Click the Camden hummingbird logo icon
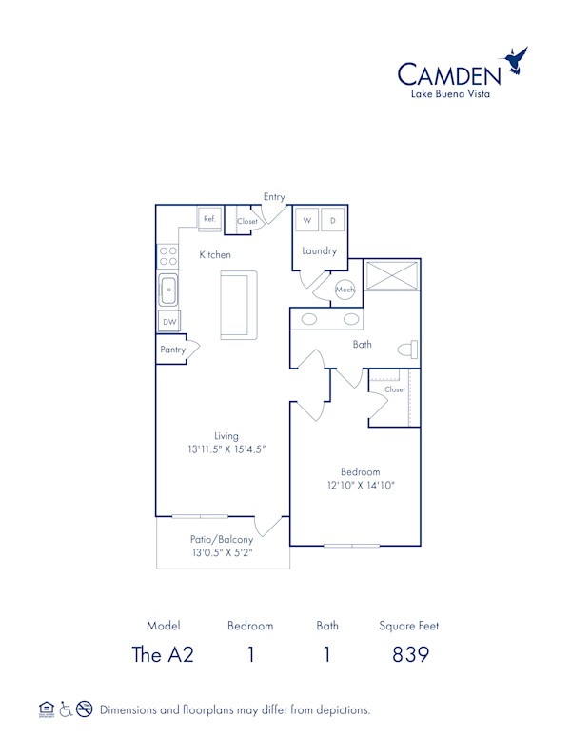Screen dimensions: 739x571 (x=517, y=61)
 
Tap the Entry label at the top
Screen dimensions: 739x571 (x=274, y=197)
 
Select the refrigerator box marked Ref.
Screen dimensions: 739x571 (x=209, y=219)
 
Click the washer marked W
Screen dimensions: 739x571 (x=307, y=220)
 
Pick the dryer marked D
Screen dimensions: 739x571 (x=333, y=220)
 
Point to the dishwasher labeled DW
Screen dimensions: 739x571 (x=169, y=322)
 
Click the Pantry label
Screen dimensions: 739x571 (x=172, y=350)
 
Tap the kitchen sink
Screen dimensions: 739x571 (x=168, y=288)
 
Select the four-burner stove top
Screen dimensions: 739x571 (x=168, y=255)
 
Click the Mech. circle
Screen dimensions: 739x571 (x=345, y=290)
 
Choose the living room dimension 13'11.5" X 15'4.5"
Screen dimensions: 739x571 (x=226, y=449)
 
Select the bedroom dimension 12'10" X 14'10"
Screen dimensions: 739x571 (x=361, y=485)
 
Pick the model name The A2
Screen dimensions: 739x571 (x=163, y=654)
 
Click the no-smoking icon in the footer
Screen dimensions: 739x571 (x=84, y=709)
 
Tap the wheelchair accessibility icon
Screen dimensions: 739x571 (x=66, y=709)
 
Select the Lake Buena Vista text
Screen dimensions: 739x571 (x=450, y=94)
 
